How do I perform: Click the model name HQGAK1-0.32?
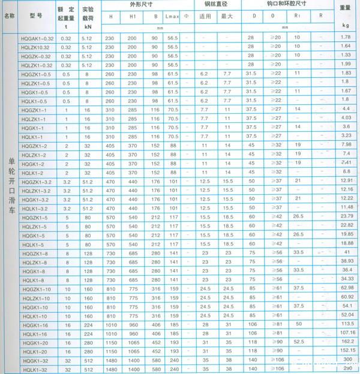(37, 38)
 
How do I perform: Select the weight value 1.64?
(345, 47)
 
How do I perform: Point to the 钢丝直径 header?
(214, 5)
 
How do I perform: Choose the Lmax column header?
(172, 16)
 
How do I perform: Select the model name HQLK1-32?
(34, 369)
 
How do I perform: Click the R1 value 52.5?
(298, 341)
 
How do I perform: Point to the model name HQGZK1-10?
(37, 289)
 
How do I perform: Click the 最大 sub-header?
(227, 16)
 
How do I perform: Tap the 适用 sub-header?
(204, 16)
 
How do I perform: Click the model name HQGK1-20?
(34, 342)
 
